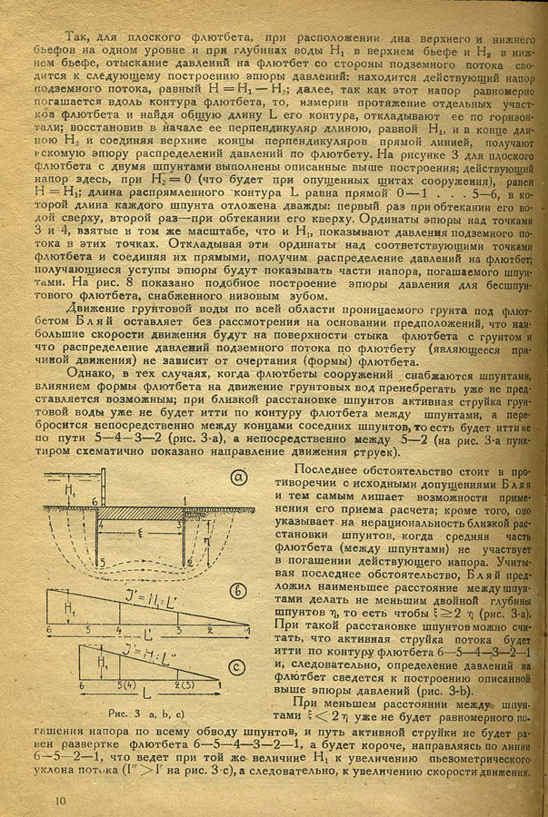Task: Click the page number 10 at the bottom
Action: point(61,800)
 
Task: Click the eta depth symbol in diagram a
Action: point(203,545)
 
